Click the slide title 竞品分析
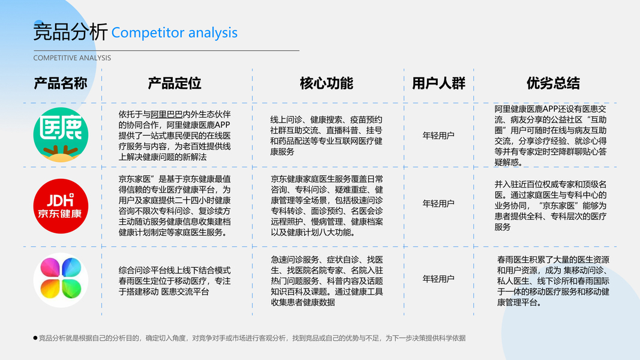tap(70, 32)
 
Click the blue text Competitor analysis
tap(175, 32)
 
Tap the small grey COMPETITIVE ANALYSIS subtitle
tap(72, 58)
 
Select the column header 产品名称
tap(61, 83)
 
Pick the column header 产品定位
tap(175, 83)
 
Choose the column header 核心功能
tap(326, 83)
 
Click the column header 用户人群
tap(438, 83)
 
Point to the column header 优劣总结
tap(552, 83)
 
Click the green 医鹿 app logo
tap(61, 135)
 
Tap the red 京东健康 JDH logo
tap(61, 206)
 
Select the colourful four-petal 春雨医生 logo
tap(61, 280)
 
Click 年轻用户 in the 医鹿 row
tap(438, 135)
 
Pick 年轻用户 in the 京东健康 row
tap(438, 203)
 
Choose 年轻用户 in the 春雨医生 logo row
tap(438, 279)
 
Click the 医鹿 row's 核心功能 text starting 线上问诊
tap(326, 136)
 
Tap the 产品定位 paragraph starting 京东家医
tap(175, 205)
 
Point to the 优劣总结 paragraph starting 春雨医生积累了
tap(553, 281)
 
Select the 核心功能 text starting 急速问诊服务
tap(326, 280)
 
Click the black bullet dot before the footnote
tap(35, 338)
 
